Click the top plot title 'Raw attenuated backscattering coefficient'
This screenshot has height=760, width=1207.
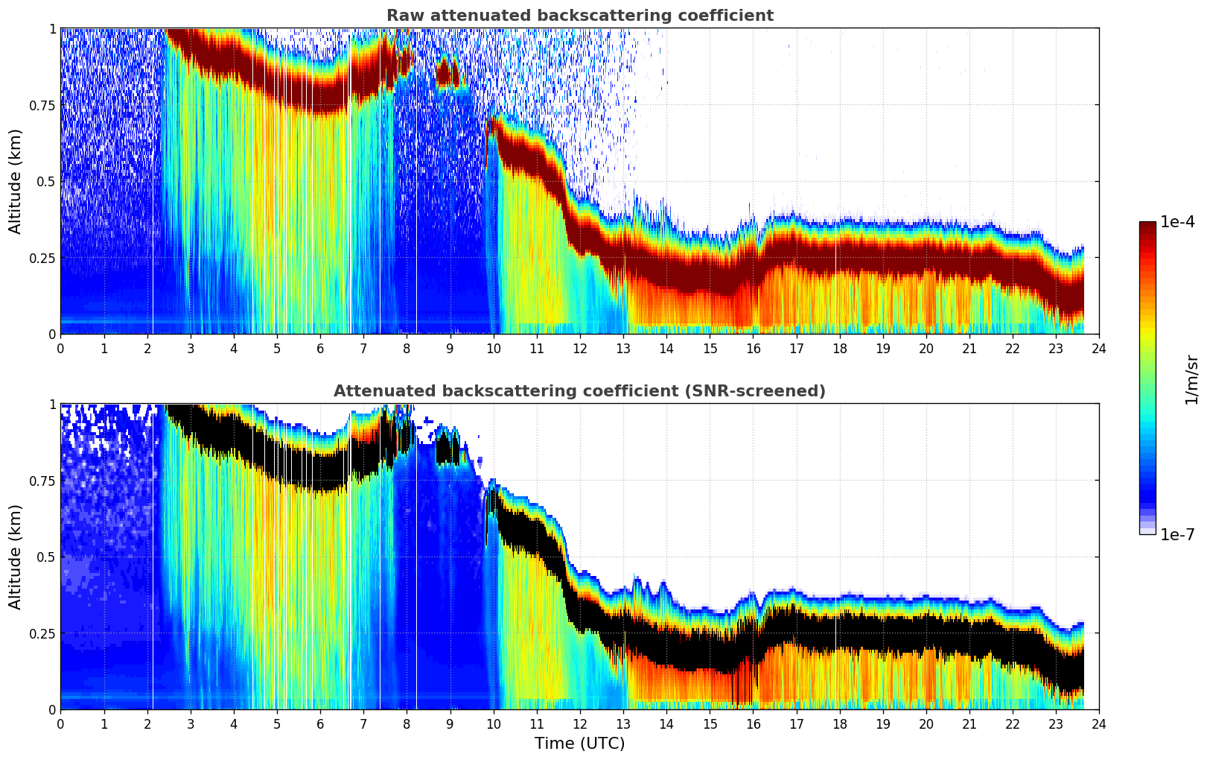(x=579, y=16)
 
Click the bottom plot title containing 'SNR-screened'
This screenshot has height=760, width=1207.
(x=579, y=391)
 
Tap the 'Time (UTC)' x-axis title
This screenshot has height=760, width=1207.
(x=579, y=744)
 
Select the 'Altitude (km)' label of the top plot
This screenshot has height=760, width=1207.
(x=16, y=181)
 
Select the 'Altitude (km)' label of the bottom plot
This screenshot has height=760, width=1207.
(x=16, y=557)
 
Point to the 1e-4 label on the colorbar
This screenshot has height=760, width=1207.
(x=1178, y=222)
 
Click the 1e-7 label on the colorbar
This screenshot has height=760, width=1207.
(x=1178, y=534)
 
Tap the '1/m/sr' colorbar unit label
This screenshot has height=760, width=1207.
(x=1191, y=379)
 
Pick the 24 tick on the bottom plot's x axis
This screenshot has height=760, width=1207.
(x=1099, y=723)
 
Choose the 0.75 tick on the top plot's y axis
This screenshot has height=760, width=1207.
(x=42, y=105)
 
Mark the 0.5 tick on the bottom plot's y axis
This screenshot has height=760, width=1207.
(x=47, y=557)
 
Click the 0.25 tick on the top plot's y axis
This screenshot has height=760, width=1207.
(x=42, y=258)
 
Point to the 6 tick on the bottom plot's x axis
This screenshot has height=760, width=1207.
(x=320, y=723)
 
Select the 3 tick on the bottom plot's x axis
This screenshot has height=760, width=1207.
(x=191, y=723)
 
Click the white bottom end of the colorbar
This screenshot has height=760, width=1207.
(x=1147, y=531)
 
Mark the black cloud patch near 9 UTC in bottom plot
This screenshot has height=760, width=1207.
(x=448, y=449)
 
